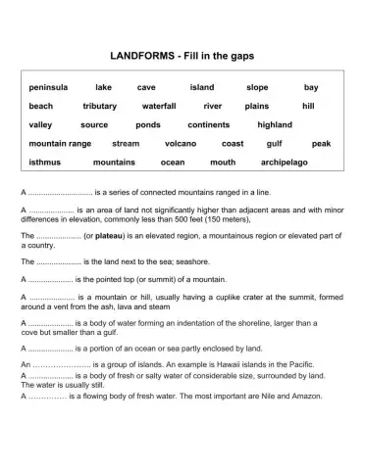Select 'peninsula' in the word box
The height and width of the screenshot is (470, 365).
pyautogui.click(x=48, y=87)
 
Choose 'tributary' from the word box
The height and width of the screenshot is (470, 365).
pyautogui.click(x=99, y=106)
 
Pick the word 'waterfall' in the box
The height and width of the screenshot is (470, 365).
pyautogui.click(x=158, y=106)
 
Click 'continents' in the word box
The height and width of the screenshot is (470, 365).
pyautogui.click(x=208, y=124)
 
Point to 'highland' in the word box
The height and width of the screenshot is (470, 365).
pyautogui.click(x=275, y=124)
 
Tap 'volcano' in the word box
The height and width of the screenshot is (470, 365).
pyautogui.click(x=181, y=143)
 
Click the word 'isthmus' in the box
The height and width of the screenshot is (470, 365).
pyautogui.click(x=45, y=162)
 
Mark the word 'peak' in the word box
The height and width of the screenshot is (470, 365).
pyautogui.click(x=321, y=143)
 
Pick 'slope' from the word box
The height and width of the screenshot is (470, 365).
pyautogui.click(x=257, y=87)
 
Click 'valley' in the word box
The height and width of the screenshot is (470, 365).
pyautogui.click(x=40, y=124)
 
